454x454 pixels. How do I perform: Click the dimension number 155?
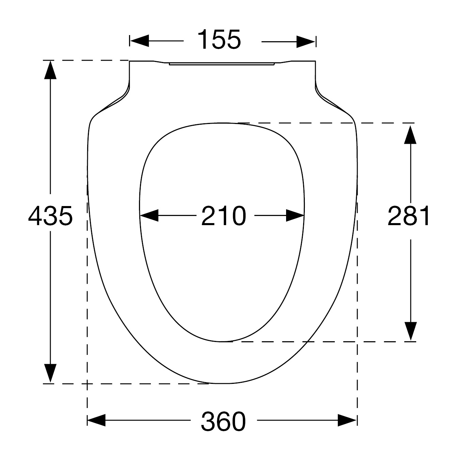[219, 40]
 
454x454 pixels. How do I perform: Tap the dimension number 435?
[50, 216]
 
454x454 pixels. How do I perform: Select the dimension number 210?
[223, 216]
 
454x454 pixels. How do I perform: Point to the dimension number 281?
[408, 216]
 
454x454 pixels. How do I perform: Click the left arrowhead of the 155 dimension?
[140, 41]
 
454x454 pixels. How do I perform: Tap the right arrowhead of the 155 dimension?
[306, 42]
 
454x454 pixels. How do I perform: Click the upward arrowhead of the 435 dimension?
[50, 70]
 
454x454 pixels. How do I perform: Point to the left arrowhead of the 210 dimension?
[149, 215]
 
